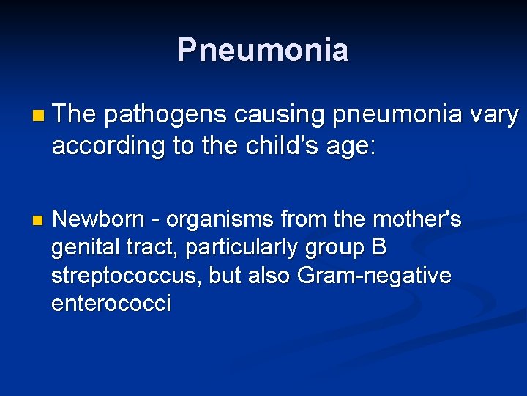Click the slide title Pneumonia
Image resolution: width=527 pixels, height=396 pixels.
click(263, 50)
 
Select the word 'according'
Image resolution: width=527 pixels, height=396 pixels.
click(109, 146)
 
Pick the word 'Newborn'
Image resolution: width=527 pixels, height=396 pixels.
click(100, 219)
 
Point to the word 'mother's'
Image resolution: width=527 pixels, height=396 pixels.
click(417, 219)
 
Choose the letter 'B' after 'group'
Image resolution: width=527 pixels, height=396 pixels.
click(379, 248)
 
